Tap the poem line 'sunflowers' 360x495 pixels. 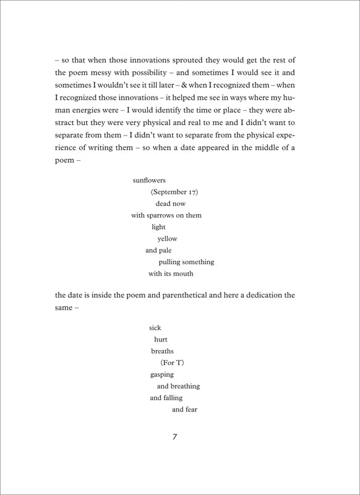click(x=149, y=180)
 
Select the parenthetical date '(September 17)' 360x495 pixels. click(x=174, y=192)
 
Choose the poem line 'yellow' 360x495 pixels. click(x=167, y=239)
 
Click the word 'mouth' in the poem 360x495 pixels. click(x=183, y=273)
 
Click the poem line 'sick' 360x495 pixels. click(x=155, y=327)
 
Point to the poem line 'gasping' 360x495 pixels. click(x=161, y=374)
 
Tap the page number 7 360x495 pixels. click(x=175, y=437)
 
